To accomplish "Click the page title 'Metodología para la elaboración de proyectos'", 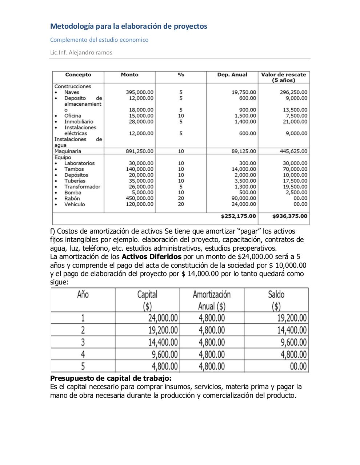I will (x=128, y=26).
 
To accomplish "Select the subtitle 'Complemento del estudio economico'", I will (x=99, y=40).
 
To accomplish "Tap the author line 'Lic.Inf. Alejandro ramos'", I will (x=81, y=52).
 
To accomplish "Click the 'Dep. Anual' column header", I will (x=232, y=75).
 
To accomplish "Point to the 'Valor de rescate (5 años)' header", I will (x=283, y=77).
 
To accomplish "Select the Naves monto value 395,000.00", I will (x=140, y=92).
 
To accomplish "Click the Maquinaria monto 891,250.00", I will (x=140, y=151).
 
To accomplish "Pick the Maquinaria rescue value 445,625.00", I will (x=293, y=151).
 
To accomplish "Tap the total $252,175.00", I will (x=238, y=216).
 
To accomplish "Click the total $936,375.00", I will (x=290, y=216).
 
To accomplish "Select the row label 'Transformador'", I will (x=82, y=187).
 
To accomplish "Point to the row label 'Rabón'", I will (x=72, y=198).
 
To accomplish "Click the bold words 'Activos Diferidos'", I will (x=151, y=256).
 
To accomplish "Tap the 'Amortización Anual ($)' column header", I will (x=212, y=300).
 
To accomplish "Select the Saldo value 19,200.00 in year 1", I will (x=292, y=318).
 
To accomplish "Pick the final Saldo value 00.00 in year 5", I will (x=298, y=366).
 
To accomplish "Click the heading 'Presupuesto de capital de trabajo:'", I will (x=111, y=378).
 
